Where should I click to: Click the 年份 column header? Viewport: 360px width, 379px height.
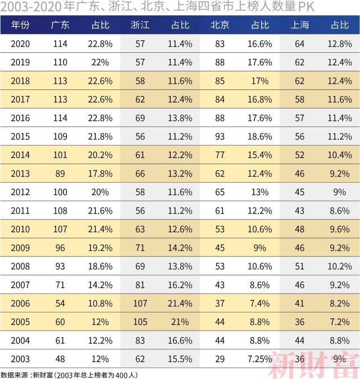tap(21, 25)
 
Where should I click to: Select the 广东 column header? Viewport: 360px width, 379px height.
tap(60, 25)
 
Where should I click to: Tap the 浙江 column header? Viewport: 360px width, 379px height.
tap(140, 25)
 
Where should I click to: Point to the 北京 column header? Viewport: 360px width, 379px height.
tap(220, 25)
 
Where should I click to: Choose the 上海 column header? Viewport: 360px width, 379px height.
tap(299, 25)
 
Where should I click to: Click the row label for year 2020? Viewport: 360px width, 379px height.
tap(21, 44)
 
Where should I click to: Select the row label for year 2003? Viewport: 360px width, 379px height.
tap(21, 358)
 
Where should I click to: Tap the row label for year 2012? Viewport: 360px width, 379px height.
tap(21, 192)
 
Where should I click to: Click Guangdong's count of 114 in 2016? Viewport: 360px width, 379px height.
tap(60, 118)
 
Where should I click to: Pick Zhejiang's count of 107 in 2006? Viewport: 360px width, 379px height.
tap(140, 303)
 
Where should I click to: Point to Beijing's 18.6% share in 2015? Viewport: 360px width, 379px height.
tap(260, 137)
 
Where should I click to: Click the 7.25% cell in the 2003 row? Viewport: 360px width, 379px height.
tap(260, 358)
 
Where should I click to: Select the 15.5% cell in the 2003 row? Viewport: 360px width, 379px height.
tap(180, 358)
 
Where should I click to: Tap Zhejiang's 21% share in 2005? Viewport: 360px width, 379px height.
tap(180, 322)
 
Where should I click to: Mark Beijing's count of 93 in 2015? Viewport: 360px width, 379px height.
tap(220, 137)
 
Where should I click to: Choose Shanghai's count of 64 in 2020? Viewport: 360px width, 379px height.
tap(299, 44)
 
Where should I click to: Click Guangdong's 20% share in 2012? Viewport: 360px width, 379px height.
tap(100, 192)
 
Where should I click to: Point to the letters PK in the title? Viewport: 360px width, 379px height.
tap(305, 7)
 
